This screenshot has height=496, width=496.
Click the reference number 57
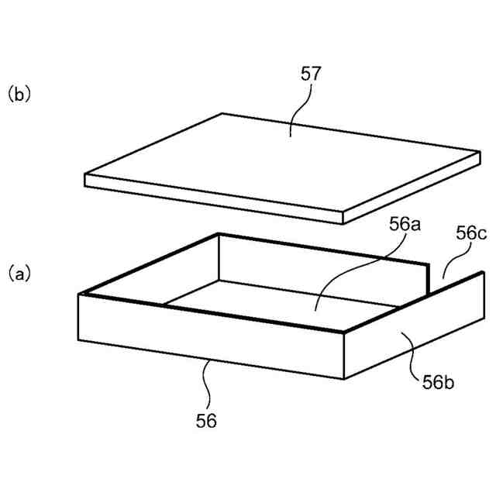pos(310,76)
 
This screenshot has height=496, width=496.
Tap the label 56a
pos(405,226)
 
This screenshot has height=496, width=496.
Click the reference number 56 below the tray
pos(206,421)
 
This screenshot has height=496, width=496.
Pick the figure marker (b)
pos(19,95)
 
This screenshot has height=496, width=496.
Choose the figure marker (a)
pos(19,273)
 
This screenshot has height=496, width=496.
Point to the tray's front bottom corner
pos(343,378)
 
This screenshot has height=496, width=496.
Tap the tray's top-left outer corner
pos(80,294)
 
